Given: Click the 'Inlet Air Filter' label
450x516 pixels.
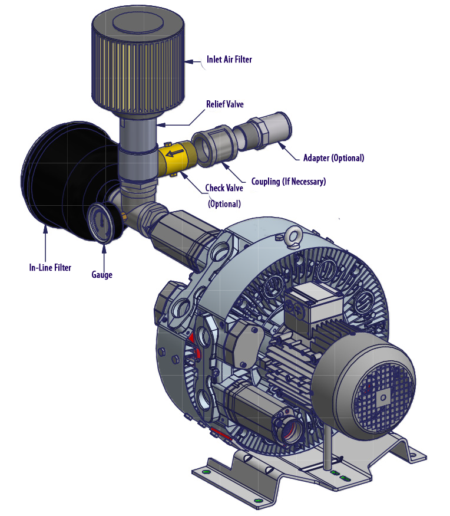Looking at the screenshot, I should pos(229,60).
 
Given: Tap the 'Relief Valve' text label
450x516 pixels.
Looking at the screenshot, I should pos(224,104).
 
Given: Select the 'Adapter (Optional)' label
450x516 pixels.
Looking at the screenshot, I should pos(333,158).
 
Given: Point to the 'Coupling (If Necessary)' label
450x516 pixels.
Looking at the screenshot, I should pos(288,182).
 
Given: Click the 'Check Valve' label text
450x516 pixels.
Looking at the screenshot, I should pos(223,189).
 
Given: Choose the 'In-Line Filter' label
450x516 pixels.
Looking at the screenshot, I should pos(50,268).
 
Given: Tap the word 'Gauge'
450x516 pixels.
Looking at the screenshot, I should pos(102,275).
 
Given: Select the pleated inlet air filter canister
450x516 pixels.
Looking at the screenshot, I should pos(138,65).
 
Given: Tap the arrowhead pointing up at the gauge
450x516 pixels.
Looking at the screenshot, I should pos(104,251).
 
